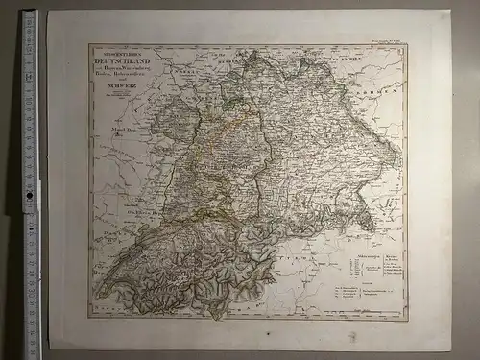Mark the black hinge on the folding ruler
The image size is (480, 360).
point(29,197)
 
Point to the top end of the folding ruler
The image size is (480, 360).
point(30,13)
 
